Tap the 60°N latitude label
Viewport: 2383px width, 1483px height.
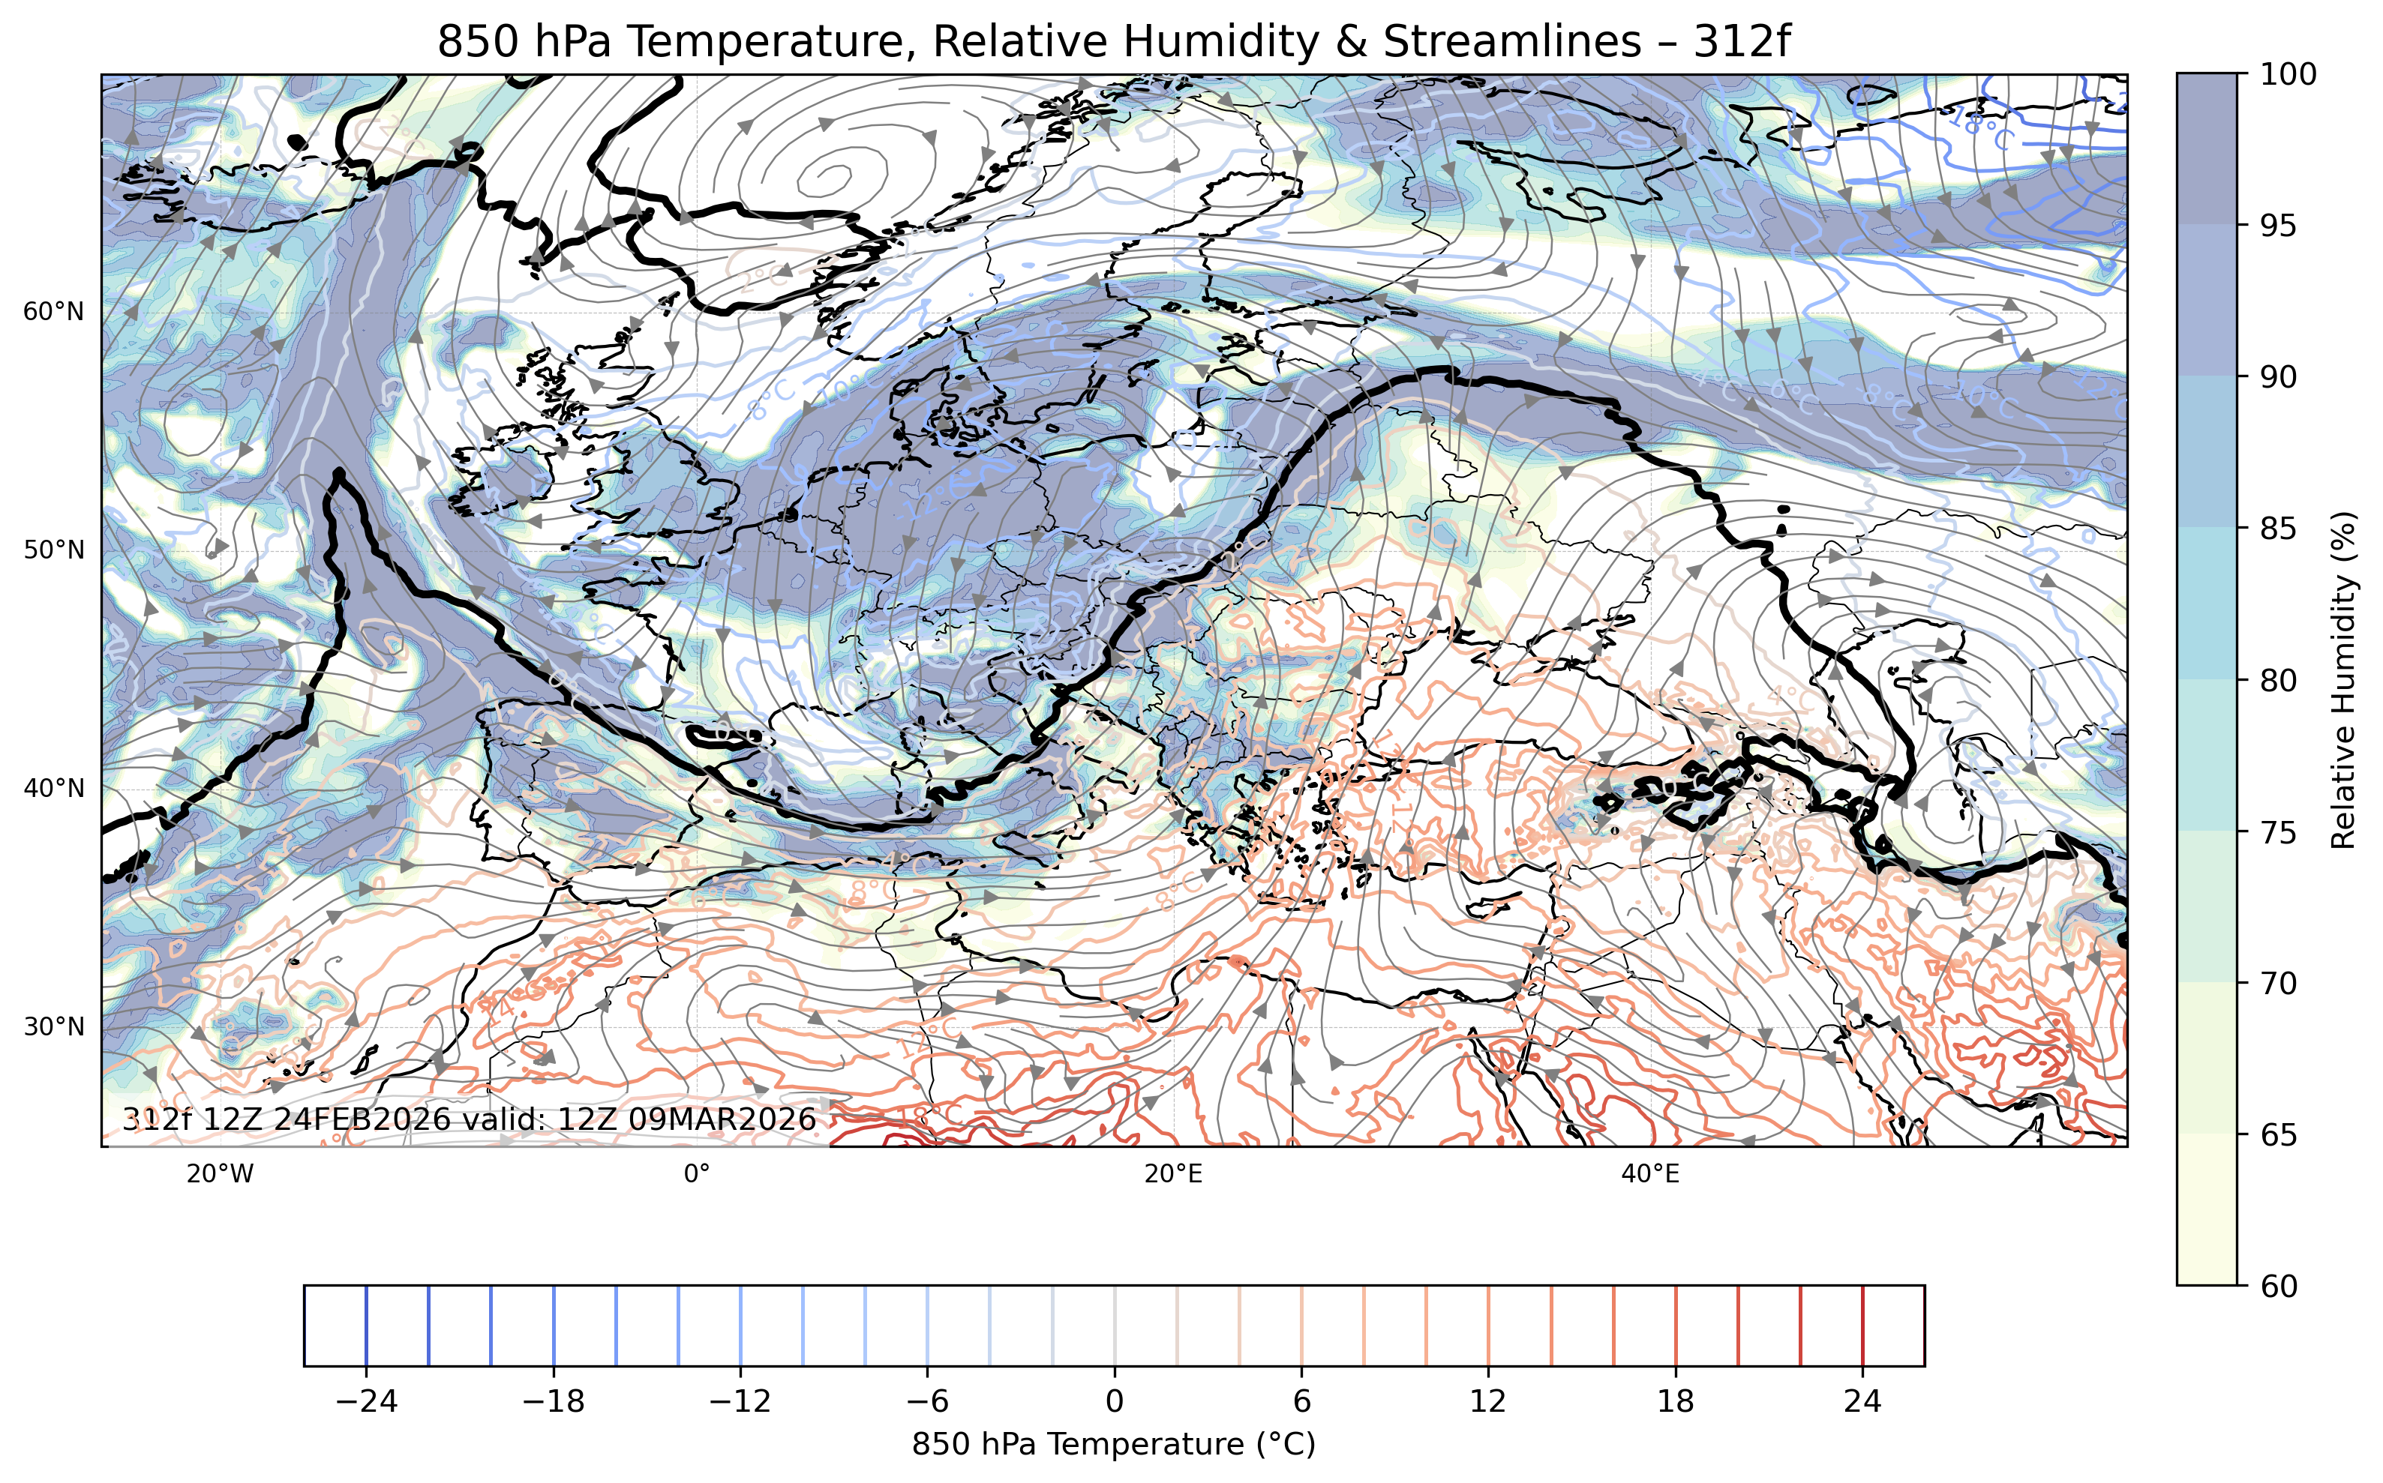click(54, 312)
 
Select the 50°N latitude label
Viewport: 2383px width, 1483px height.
click(54, 550)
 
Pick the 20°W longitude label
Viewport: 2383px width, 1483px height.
click(220, 1174)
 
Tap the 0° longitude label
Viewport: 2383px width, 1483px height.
click(697, 1174)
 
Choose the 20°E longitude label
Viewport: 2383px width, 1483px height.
click(1173, 1174)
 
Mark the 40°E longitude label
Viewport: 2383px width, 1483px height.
click(1650, 1174)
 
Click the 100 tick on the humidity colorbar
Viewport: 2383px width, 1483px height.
click(2288, 74)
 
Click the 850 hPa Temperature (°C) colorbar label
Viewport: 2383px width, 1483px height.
click(1114, 1445)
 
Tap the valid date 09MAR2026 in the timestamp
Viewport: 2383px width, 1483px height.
click(722, 1120)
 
